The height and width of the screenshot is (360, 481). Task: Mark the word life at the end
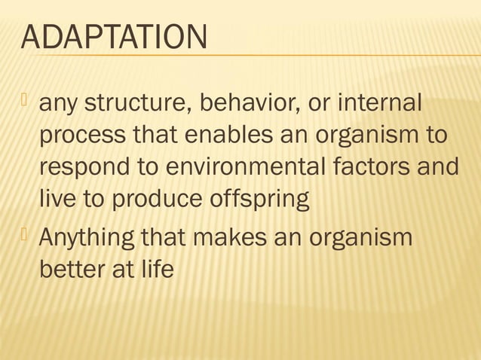click(158, 268)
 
